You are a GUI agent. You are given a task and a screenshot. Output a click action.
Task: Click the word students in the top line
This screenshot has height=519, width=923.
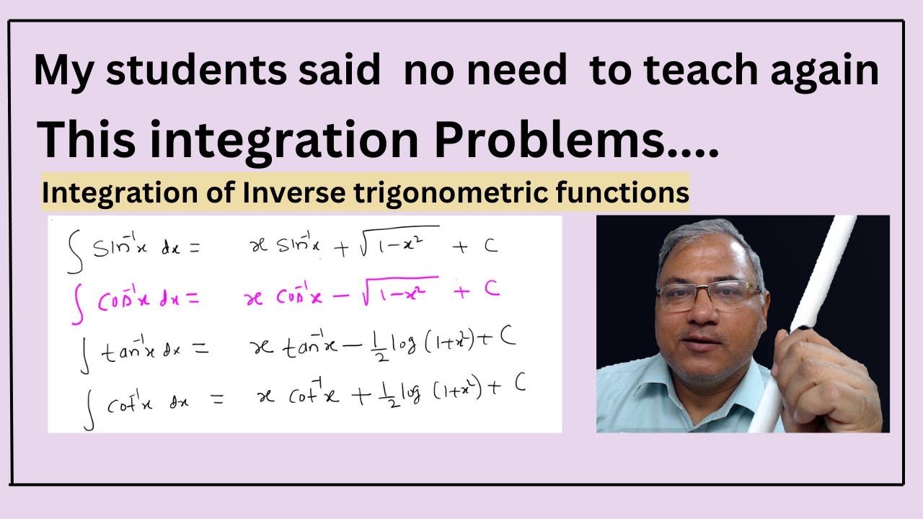click(196, 70)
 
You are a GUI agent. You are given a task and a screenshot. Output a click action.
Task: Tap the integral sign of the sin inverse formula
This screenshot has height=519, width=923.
click(74, 252)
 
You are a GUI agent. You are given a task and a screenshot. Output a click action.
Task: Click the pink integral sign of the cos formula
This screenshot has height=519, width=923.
click(77, 304)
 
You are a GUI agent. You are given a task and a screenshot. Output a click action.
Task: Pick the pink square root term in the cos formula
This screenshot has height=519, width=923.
click(399, 291)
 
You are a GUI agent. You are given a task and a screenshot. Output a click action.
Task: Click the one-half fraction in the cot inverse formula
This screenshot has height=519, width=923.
click(392, 394)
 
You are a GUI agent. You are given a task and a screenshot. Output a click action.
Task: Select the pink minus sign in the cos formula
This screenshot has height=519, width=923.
click(341, 296)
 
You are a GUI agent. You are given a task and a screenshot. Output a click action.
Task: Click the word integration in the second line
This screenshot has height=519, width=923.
click(285, 141)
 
